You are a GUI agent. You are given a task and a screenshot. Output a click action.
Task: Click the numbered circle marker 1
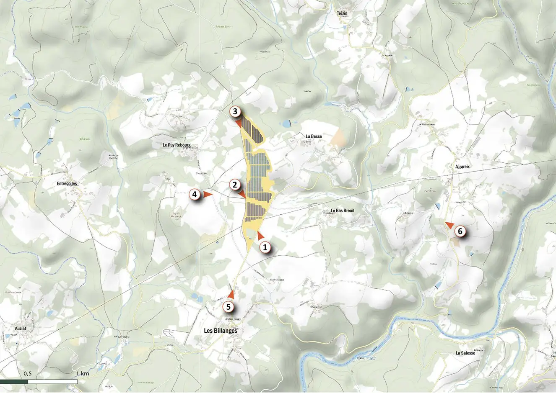point(265,247)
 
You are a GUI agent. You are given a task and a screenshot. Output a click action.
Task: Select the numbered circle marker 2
point(234,184)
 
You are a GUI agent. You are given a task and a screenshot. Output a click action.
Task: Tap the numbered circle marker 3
point(235,112)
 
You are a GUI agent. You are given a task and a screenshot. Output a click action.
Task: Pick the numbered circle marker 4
point(194,194)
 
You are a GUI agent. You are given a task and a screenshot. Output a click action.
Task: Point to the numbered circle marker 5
point(229,307)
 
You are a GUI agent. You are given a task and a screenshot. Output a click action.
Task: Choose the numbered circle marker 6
point(460,231)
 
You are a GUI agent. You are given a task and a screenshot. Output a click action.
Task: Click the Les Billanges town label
point(220,331)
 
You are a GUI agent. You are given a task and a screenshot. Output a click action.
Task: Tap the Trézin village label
point(342,13)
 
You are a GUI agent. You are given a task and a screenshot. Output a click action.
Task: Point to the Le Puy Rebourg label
point(177,146)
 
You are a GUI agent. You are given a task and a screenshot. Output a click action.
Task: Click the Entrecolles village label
point(68,183)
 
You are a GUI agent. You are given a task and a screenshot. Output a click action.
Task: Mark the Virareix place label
point(462,167)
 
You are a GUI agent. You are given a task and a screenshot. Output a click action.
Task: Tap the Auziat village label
point(18,329)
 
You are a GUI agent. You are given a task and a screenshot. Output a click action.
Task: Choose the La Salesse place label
point(465,353)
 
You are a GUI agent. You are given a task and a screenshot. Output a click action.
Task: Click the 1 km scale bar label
point(83,373)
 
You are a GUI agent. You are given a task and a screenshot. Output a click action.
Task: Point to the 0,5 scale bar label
point(28,373)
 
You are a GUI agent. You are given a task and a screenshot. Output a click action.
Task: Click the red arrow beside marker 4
point(208,194)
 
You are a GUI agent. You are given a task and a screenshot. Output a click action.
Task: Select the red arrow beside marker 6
point(449,225)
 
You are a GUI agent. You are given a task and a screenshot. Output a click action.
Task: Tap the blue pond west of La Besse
point(286,123)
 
